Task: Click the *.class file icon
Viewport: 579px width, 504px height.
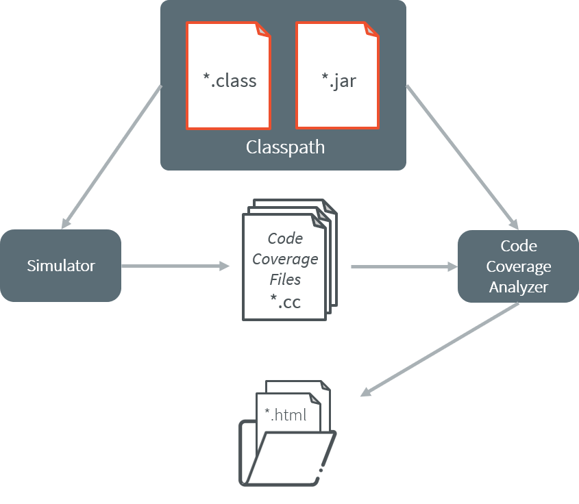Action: pyautogui.click(x=229, y=75)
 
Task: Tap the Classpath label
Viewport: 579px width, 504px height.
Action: pyautogui.click(x=285, y=147)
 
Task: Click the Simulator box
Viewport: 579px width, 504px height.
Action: pyautogui.click(x=61, y=266)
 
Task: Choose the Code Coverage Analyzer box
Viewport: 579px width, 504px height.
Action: pyautogui.click(x=518, y=266)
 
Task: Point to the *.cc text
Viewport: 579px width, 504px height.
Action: pyautogui.click(x=284, y=301)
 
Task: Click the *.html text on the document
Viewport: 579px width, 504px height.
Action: pyautogui.click(x=285, y=415)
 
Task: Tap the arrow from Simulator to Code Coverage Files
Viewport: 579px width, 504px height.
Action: pyautogui.click(x=175, y=266)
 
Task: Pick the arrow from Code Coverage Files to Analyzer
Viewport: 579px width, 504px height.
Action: pyautogui.click(x=404, y=266)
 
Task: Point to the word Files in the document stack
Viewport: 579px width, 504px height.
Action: pyautogui.click(x=285, y=279)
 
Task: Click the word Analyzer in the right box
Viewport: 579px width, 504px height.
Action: pyautogui.click(x=518, y=287)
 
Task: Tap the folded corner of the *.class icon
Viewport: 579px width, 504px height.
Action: pyautogui.click(x=263, y=29)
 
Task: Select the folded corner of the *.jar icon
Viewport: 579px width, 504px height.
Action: pyautogui.click(x=372, y=29)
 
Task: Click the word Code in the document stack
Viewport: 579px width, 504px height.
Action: pyautogui.click(x=285, y=238)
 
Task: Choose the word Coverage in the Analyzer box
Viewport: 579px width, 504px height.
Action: pyautogui.click(x=518, y=266)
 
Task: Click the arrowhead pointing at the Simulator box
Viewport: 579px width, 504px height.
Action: pyautogui.click(x=65, y=223)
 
